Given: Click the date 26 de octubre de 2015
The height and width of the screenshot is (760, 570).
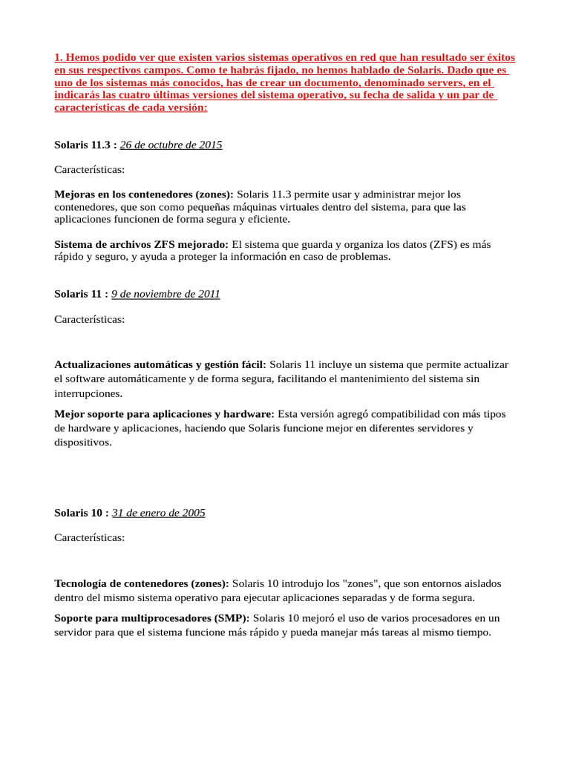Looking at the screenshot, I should tap(171, 145).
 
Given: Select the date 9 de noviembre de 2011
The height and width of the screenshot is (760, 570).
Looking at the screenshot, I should tap(166, 294).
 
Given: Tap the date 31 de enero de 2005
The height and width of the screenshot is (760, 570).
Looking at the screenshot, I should tap(158, 513).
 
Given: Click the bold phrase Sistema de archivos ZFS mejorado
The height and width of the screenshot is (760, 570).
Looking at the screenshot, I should tap(142, 244).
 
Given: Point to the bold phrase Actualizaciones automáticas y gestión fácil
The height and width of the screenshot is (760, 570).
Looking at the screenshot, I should tap(160, 364).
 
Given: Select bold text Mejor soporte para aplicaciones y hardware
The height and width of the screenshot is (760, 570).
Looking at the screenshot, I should tap(164, 413).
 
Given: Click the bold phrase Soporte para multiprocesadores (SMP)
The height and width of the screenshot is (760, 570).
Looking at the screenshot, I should tap(153, 617).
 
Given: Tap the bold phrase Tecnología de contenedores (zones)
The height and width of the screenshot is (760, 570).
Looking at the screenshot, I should tap(142, 583).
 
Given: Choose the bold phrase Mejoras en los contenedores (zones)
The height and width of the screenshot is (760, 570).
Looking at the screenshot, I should tap(144, 194).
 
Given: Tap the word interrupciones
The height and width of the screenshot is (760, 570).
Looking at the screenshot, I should tap(88, 393).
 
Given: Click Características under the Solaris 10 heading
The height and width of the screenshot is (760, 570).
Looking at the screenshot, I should tap(90, 537).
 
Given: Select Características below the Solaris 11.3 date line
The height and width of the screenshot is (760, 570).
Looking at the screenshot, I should tap(90, 169).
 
